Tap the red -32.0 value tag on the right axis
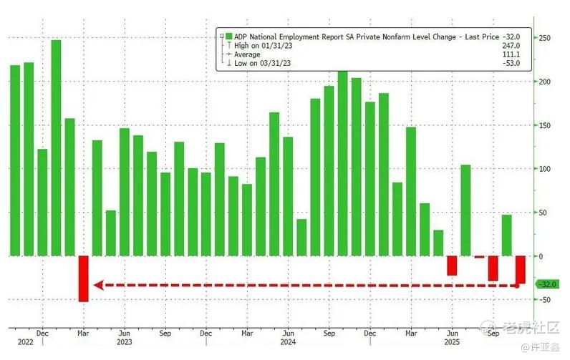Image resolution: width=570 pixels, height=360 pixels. (x=548, y=284)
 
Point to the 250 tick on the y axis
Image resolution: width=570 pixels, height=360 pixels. (x=544, y=38)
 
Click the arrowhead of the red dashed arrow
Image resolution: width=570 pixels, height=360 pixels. (x=99, y=286)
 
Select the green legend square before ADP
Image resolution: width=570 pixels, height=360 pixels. (x=228, y=36)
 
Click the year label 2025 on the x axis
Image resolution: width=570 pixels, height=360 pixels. (x=453, y=342)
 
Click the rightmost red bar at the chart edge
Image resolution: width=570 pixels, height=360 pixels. (x=521, y=269)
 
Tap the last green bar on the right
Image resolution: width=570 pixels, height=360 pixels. (x=506, y=235)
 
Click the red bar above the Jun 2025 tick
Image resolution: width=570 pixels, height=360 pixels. (x=452, y=265)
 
